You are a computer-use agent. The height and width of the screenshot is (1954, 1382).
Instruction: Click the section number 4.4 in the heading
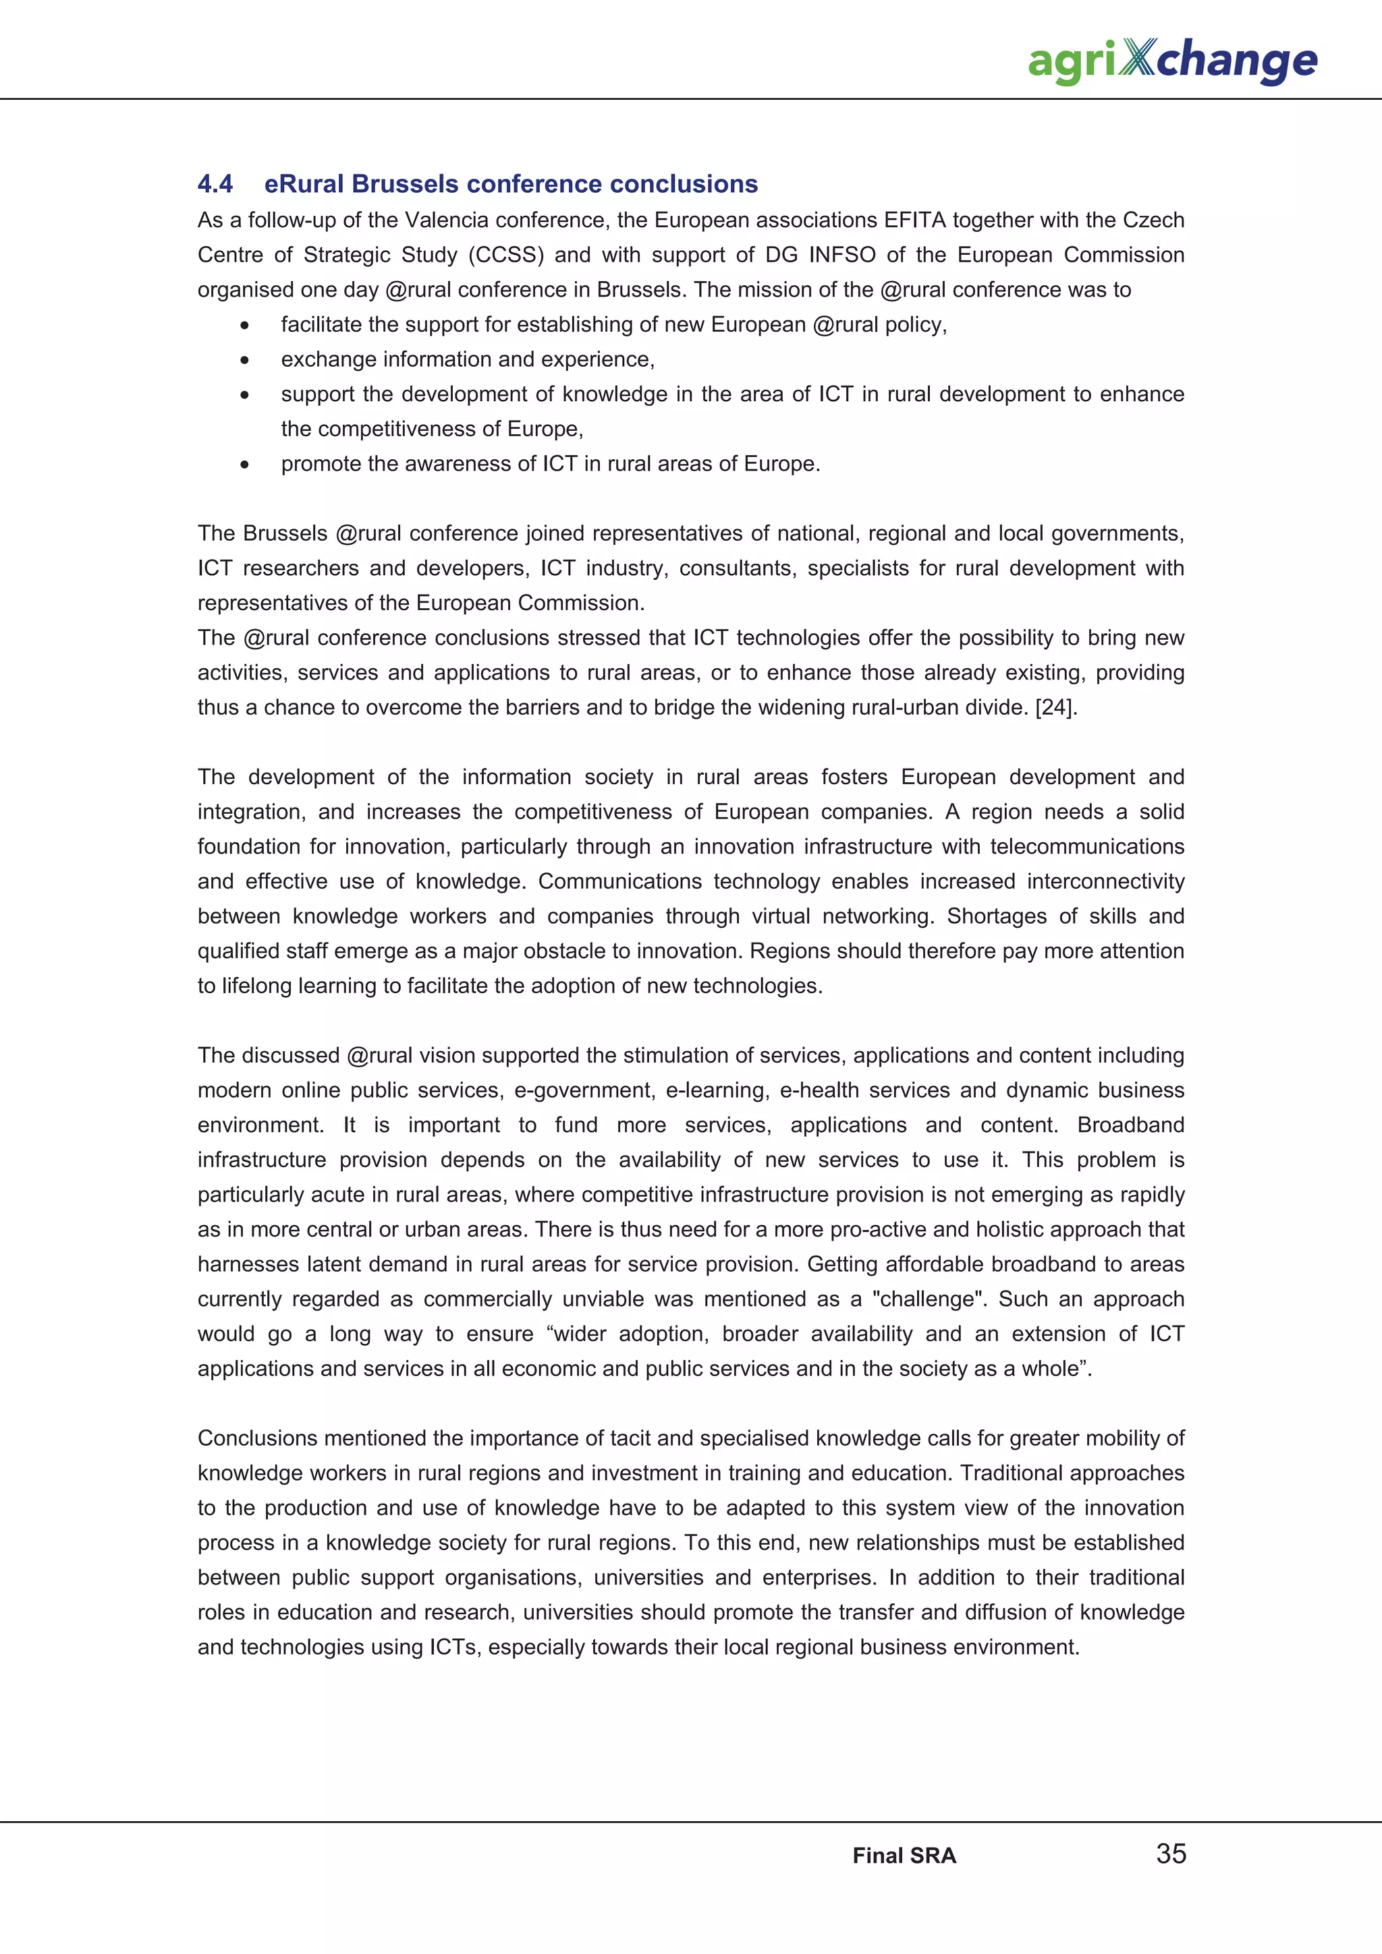pyautogui.click(x=215, y=184)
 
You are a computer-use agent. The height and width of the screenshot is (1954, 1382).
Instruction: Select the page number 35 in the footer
pyautogui.click(x=1171, y=1853)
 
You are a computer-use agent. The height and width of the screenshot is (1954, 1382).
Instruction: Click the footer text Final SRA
pyautogui.click(x=904, y=1856)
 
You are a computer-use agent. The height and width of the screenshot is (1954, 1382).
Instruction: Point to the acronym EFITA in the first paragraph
pyautogui.click(x=914, y=220)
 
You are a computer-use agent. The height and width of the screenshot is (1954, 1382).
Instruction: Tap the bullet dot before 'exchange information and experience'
pyautogui.click(x=244, y=360)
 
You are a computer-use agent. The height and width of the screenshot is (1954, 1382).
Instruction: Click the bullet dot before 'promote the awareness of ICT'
pyautogui.click(x=244, y=465)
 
